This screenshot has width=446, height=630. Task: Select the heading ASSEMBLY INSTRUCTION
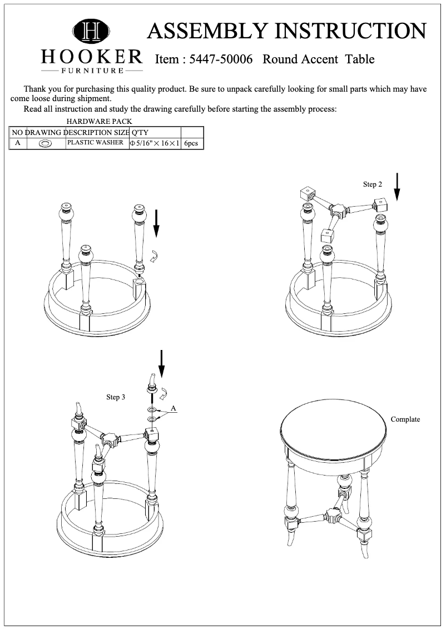tap(286, 31)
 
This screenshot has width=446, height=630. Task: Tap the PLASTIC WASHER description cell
tap(95, 143)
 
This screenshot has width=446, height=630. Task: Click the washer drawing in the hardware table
tap(46, 143)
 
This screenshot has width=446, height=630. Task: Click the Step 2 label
tap(373, 184)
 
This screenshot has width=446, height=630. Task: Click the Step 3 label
tap(116, 397)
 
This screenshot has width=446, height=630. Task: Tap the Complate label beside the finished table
tap(405, 419)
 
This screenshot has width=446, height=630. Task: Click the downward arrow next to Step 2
tap(397, 187)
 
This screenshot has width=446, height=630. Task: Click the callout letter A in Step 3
tap(174, 408)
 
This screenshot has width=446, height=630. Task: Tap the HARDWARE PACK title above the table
tap(99, 121)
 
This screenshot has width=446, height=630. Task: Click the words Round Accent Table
tap(318, 59)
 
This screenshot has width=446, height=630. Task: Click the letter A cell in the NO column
tap(17, 143)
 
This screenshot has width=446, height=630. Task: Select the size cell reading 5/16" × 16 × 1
tap(154, 143)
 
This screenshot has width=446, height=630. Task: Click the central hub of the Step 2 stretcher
tap(336, 211)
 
